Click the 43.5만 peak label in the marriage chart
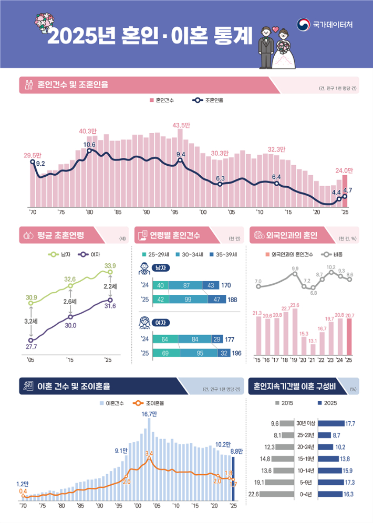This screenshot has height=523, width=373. [x=181, y=125]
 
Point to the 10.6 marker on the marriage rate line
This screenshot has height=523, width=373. [x=89, y=151]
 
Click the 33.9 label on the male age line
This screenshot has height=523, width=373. [x=110, y=266]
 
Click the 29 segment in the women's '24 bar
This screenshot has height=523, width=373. [x=217, y=339]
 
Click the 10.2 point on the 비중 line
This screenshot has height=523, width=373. [x=331, y=272]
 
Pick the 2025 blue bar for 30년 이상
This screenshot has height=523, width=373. [x=330, y=423]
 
